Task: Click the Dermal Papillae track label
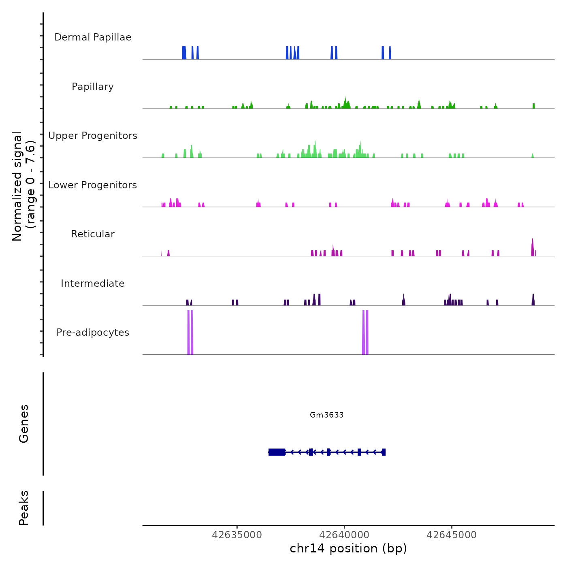pos(93,37)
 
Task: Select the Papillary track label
pos(93,87)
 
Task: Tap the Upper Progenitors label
pos(93,136)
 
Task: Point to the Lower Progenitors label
pos(93,185)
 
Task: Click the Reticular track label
pos(93,234)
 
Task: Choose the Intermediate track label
pos(93,283)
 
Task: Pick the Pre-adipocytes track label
pos(93,333)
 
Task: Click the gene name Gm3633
pos(326,415)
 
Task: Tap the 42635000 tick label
pos(237,535)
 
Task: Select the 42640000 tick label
pos(344,535)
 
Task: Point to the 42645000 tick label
pos(452,535)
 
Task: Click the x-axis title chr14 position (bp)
pos(348,548)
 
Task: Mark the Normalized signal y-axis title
pos(23,186)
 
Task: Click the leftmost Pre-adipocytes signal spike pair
pos(190,332)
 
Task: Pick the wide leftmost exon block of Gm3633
pos(277,452)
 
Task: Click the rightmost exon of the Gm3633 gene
pos(384,452)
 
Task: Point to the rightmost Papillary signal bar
pos(534,106)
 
